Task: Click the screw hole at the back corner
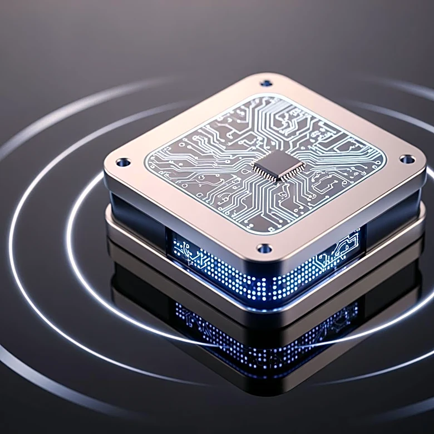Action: coord(267,83)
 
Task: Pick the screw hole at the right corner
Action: coord(407,160)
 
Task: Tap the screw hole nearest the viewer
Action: coord(265,248)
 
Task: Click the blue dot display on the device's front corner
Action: coord(262,273)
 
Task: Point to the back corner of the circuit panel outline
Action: coord(266,97)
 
